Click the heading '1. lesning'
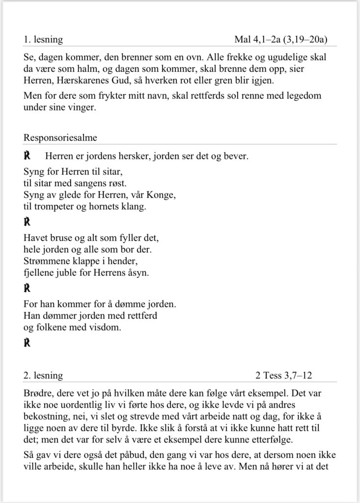(x=43, y=39)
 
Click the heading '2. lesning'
(x=43, y=376)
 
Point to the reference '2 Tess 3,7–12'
(x=283, y=376)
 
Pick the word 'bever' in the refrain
(x=236, y=157)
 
